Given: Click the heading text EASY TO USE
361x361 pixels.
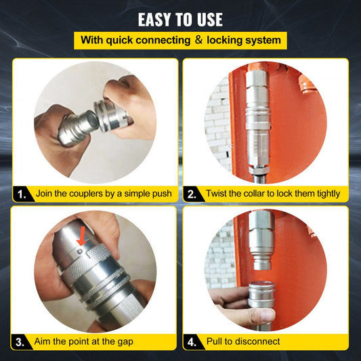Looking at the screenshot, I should (180, 18).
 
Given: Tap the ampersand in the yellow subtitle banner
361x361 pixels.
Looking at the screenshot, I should (198, 39).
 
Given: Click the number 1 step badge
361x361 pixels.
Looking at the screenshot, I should (22, 194).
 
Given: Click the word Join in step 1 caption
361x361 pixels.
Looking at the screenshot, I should (46, 194).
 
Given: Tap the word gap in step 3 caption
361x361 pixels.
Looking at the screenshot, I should (122, 341).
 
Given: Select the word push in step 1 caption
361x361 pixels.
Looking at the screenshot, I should (157, 194).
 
